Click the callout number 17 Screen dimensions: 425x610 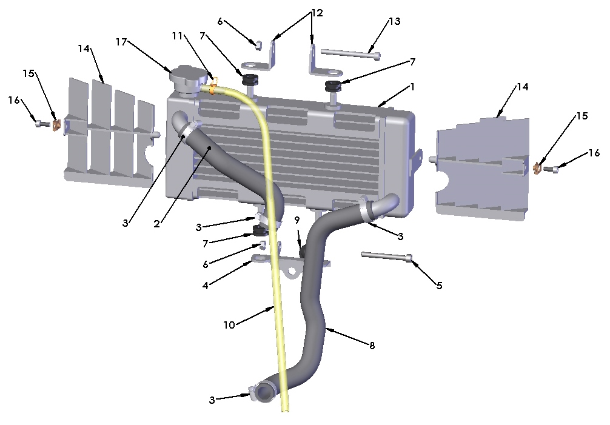pos(121,42)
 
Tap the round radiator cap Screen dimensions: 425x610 pos(185,79)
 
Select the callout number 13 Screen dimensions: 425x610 pos(394,21)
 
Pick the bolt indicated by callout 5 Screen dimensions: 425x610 pos(387,256)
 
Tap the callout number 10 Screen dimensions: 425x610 pos(229,325)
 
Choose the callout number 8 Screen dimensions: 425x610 pos(372,346)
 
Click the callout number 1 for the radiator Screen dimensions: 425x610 pos(412,87)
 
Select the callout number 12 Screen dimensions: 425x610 pos(317,12)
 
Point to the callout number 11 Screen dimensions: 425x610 pos(177,36)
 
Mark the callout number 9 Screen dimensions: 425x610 pos(297,219)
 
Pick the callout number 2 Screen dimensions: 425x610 pos(156,224)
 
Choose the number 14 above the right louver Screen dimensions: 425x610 pos(523,87)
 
